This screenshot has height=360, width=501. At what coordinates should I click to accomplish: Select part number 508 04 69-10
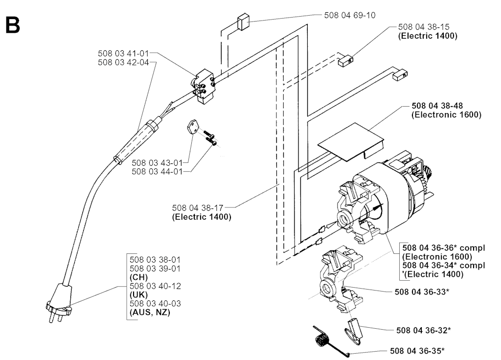click(350, 15)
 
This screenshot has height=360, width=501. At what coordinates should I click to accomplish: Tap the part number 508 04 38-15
click(424, 27)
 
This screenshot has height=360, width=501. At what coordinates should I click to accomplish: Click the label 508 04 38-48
click(437, 106)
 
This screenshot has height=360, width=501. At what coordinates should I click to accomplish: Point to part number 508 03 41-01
click(123, 53)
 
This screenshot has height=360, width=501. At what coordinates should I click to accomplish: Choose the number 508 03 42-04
click(123, 62)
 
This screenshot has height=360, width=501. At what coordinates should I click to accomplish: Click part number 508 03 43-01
click(157, 163)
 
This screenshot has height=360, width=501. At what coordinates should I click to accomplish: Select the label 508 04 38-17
click(198, 208)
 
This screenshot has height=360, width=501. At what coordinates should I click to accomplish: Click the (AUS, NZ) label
click(150, 312)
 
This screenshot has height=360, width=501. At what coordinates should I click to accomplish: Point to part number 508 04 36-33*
click(422, 292)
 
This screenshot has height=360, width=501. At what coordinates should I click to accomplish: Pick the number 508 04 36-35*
click(417, 351)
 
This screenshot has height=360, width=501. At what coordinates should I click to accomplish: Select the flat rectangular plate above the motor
click(350, 141)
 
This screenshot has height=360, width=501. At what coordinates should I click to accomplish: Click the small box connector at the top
click(243, 22)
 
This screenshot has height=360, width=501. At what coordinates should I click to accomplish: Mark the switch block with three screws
click(204, 86)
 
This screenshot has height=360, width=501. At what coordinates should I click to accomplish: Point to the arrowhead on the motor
click(378, 207)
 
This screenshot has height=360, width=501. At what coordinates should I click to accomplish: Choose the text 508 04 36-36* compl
click(443, 248)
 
